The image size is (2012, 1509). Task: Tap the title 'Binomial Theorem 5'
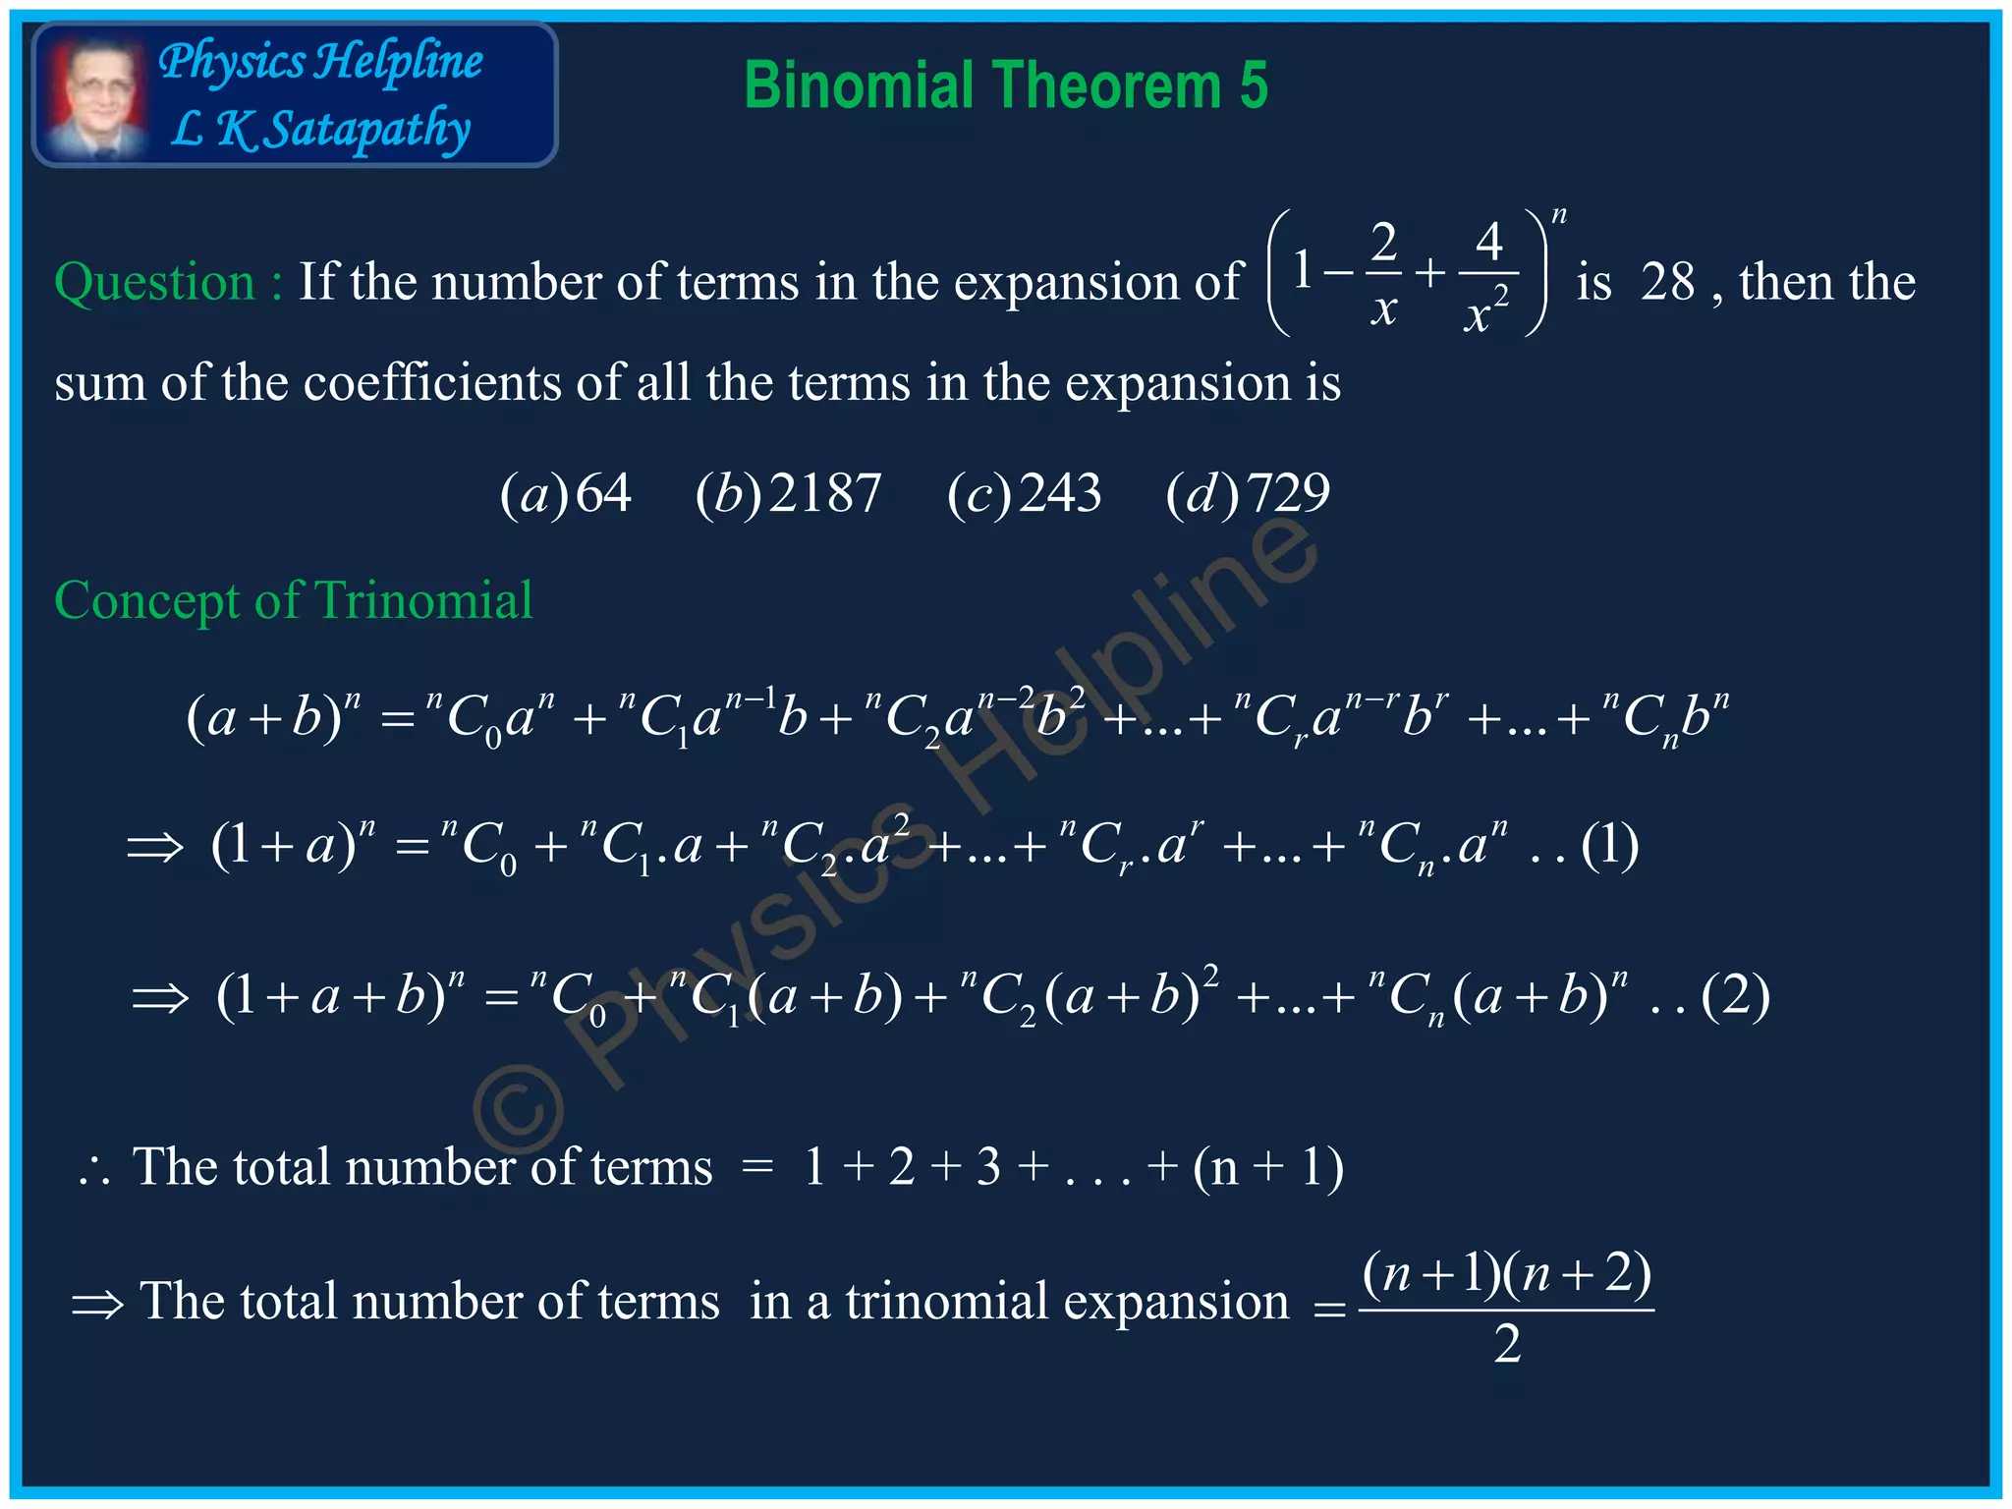pos(1005,85)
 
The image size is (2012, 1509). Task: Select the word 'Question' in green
pos(154,283)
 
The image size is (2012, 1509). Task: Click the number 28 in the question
pos(1667,283)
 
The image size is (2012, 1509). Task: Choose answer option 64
pos(602,493)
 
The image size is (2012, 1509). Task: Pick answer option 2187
pos(825,493)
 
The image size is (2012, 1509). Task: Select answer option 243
pos(1060,493)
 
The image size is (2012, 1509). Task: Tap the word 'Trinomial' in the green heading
pos(423,600)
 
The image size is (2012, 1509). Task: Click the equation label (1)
pos(1609,846)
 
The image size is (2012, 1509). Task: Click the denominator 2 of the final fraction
pos(1507,1344)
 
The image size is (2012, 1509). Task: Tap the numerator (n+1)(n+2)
pos(1507,1275)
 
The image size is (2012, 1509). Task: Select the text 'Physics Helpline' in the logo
pos(320,61)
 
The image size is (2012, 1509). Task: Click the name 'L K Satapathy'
pos(320,130)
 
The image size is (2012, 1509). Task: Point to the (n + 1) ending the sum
pos(1267,1169)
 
